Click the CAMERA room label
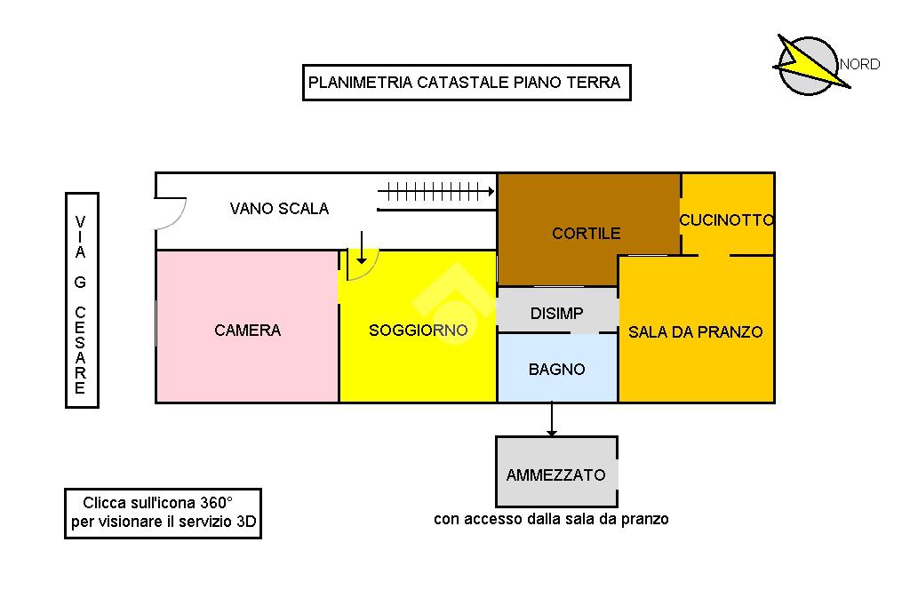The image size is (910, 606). click(x=247, y=331)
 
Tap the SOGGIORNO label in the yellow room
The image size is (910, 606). click(x=418, y=331)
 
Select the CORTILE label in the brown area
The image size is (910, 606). click(x=586, y=234)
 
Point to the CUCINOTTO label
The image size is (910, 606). click(x=727, y=220)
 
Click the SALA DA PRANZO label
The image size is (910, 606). click(x=695, y=332)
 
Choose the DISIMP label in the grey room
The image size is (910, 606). click(x=556, y=314)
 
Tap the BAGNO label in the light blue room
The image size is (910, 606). click(x=556, y=369)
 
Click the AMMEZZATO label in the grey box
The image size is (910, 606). click(x=555, y=474)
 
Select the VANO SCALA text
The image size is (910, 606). click(x=279, y=209)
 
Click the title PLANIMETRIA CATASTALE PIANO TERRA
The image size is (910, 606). click(x=465, y=83)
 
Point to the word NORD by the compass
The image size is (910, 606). click(x=859, y=64)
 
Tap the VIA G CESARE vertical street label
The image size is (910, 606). click(x=81, y=300)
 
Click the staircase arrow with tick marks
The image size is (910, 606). click(x=435, y=190)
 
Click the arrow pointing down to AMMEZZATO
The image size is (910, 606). click(x=552, y=419)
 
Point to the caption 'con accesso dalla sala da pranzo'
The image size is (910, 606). click(x=551, y=519)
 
